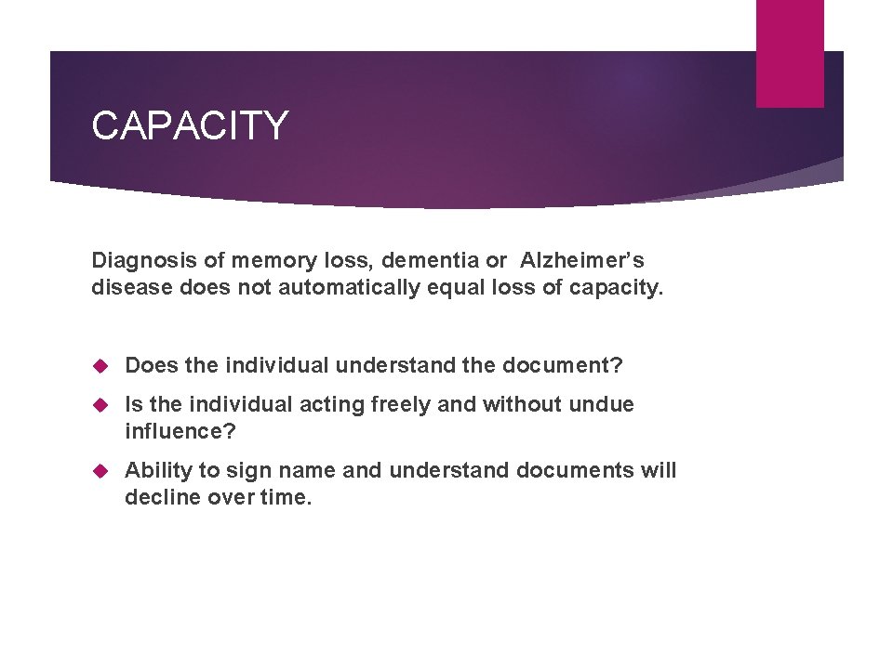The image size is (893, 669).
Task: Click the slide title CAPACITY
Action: [190, 125]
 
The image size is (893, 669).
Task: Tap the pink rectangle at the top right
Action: [790, 53]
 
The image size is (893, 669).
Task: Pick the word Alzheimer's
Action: [582, 261]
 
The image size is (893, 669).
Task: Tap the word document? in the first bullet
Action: [563, 365]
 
